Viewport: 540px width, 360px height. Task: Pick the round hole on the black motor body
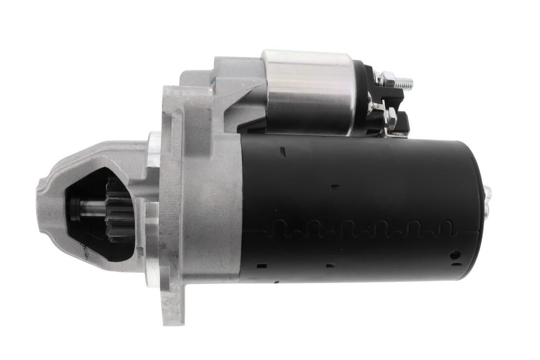[x=454, y=254]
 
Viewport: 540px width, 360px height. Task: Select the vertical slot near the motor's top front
[x=283, y=152]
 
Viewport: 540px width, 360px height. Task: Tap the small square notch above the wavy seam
[x=335, y=187]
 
